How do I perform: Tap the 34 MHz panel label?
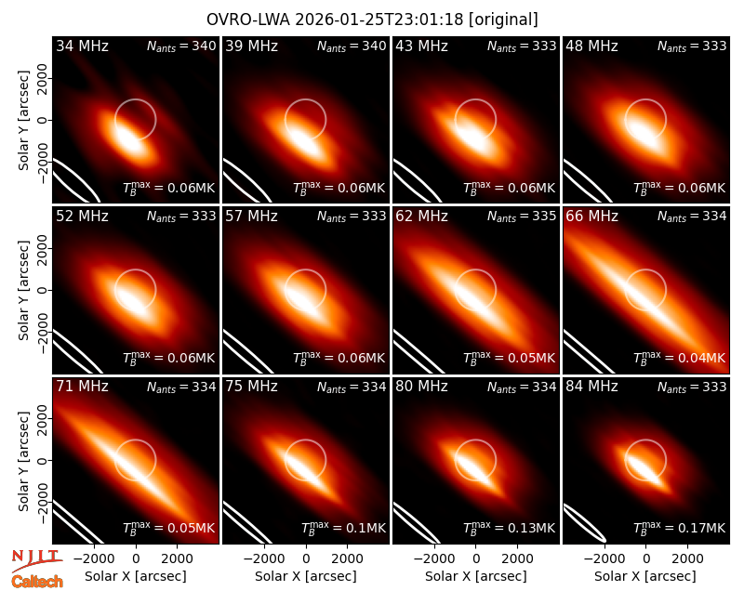82,46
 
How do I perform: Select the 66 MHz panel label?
591,217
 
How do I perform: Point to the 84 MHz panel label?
591,387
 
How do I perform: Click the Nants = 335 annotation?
522,217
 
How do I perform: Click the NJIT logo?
36,559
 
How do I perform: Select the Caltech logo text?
37,582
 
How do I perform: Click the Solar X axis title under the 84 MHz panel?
645,576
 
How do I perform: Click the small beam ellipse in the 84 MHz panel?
584,523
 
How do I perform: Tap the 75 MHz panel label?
251,387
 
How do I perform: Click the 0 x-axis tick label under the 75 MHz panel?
306,558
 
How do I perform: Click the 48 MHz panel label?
591,46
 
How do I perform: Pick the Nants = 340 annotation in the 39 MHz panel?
352,46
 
